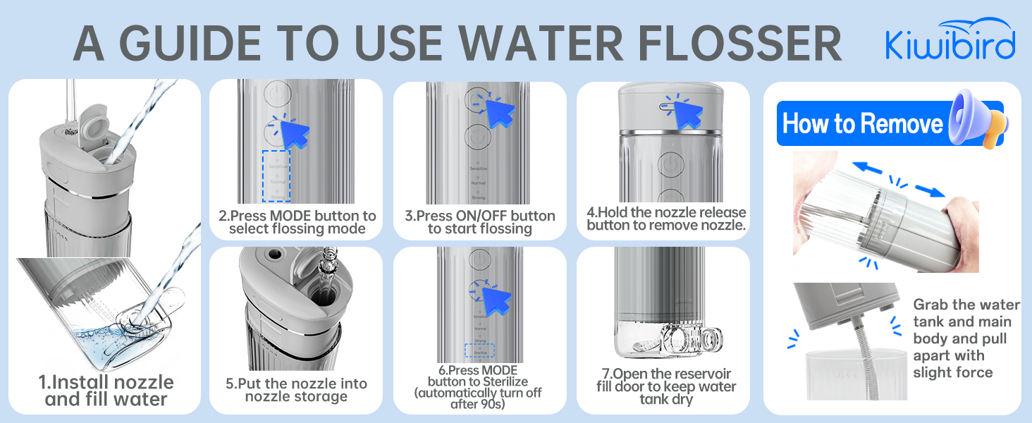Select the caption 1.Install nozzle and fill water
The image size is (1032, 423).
106,391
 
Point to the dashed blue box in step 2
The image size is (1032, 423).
276,176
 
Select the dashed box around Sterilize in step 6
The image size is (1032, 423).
479,350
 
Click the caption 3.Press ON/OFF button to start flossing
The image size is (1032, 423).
480,222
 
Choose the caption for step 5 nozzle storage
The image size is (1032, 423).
296,390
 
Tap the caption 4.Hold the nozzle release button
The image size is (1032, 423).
666,219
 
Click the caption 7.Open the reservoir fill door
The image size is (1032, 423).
666,386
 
